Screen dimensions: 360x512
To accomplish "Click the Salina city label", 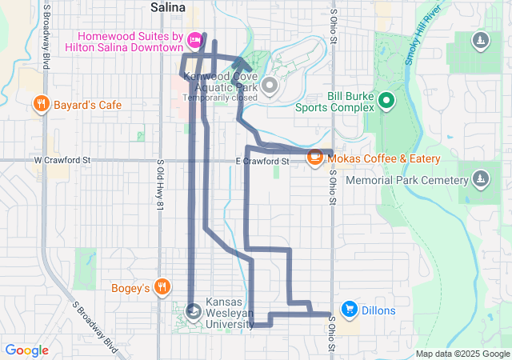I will point(168,7).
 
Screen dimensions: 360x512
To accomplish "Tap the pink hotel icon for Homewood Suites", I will point(194,40).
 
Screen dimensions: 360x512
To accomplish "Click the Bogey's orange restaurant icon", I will point(162,287).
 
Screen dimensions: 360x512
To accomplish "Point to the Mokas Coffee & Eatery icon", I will point(315,159).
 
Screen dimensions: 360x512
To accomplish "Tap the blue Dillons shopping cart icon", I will point(349,309).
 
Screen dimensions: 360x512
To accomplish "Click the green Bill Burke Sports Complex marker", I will point(386,101).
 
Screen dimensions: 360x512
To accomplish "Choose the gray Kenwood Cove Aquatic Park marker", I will point(270,85).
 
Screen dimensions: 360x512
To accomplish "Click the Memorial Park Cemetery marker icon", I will point(480,178).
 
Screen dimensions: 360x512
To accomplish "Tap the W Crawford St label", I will point(62,160).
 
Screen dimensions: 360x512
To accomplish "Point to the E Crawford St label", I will point(262,162).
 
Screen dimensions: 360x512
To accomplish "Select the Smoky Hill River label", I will point(424,38).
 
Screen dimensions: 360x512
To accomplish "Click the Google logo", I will point(26,350).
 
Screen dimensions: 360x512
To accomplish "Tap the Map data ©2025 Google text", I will point(462,354).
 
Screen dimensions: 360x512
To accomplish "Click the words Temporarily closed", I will point(219,98).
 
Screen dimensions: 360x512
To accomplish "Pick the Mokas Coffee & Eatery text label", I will point(384,159).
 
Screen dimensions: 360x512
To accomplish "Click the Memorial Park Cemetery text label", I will point(407,180).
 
